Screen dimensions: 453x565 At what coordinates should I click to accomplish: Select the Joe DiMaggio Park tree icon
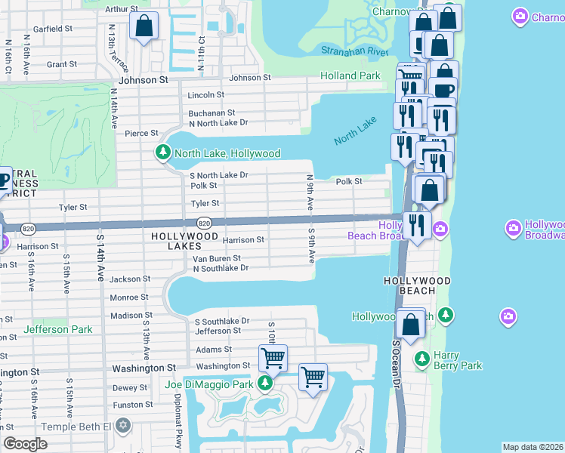click(x=264, y=384)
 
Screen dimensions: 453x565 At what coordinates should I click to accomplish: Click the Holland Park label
click(x=350, y=76)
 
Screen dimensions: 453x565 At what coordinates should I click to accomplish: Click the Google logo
click(x=25, y=443)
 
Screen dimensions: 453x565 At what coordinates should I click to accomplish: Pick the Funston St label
click(x=129, y=405)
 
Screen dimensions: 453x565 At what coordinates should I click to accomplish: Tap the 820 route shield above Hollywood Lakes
click(x=204, y=223)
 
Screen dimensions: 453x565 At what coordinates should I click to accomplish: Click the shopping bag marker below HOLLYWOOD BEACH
click(x=411, y=325)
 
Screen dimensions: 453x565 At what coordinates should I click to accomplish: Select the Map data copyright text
click(x=533, y=447)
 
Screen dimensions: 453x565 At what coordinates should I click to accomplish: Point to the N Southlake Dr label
click(x=221, y=268)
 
